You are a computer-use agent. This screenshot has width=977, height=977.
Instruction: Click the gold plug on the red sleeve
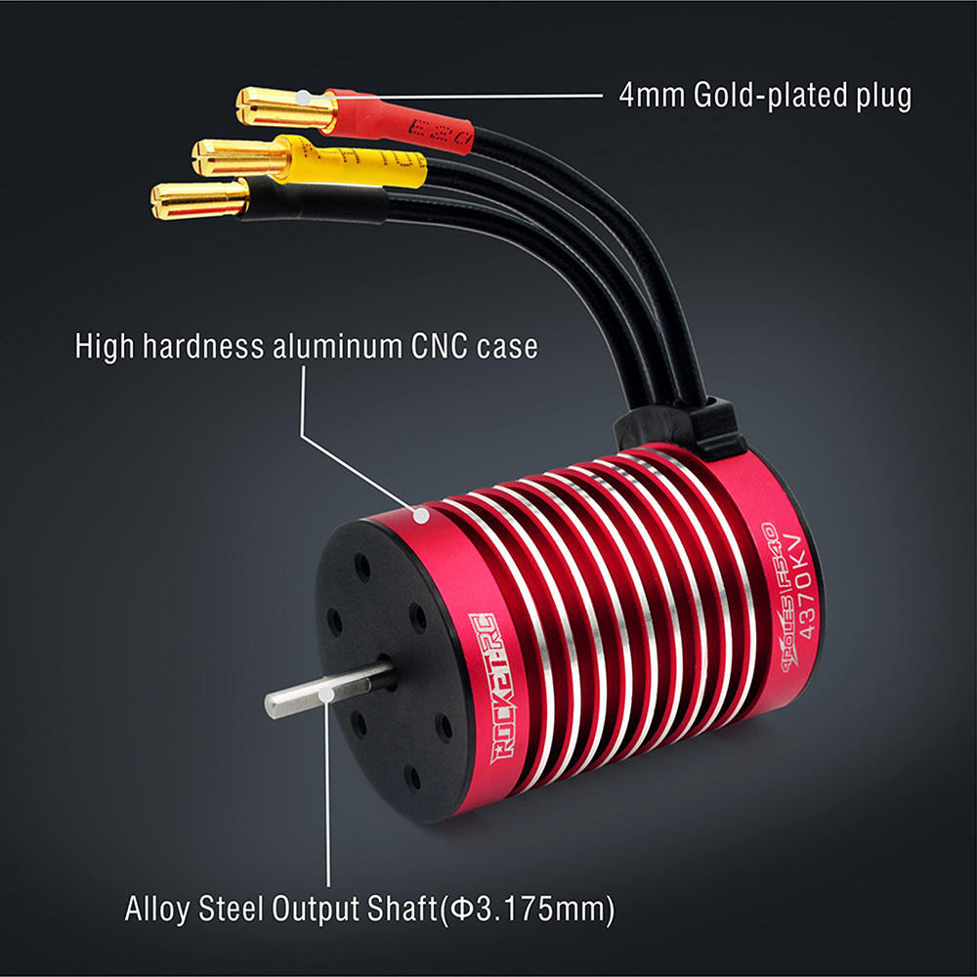(278, 106)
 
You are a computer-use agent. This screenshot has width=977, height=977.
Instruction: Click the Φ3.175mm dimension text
(528, 910)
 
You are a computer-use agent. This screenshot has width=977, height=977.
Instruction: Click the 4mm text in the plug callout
(653, 96)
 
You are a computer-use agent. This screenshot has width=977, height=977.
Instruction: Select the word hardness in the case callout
(209, 347)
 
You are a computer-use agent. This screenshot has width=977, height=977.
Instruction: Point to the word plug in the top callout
(882, 96)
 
